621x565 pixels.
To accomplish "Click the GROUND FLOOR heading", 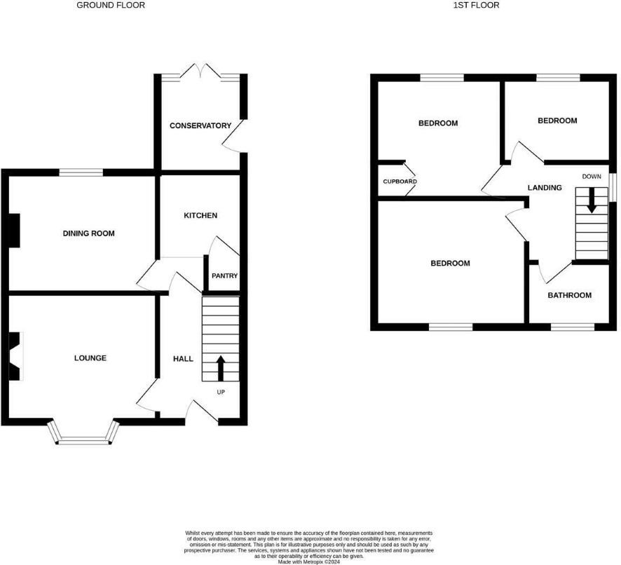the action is coord(111,5).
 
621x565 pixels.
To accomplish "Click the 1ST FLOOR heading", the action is coord(476,5).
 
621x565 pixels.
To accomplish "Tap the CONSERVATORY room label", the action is coord(200,125).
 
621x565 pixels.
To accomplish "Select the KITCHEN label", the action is coord(200,215).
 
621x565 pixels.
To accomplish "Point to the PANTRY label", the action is coord(224,275).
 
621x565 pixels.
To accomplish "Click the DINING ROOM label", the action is coord(89,233).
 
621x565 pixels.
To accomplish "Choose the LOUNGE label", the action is coord(90,358).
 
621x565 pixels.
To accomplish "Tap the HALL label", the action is coord(183,359).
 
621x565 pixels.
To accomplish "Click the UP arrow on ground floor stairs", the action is coord(221,369).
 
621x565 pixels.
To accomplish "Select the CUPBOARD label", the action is coord(400,182).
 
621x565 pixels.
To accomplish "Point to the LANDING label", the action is coord(545,188).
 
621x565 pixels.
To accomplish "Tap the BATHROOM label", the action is coord(570,295).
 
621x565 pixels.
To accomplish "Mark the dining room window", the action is coord(81,172).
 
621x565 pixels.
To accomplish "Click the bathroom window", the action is coord(572,327).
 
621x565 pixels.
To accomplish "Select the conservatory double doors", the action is coord(202,71).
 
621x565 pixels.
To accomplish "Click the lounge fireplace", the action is coord(16,356).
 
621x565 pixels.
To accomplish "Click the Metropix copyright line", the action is coord(309,561).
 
